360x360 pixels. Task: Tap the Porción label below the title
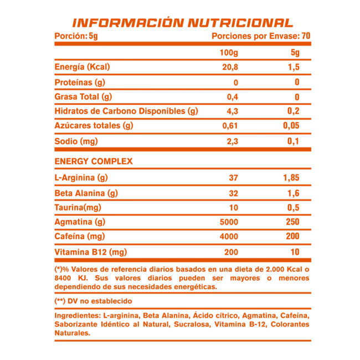click(77, 36)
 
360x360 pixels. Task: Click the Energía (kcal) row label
click(82, 67)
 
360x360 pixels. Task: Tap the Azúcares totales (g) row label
click(94, 124)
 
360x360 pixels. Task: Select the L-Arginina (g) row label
click(81, 178)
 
